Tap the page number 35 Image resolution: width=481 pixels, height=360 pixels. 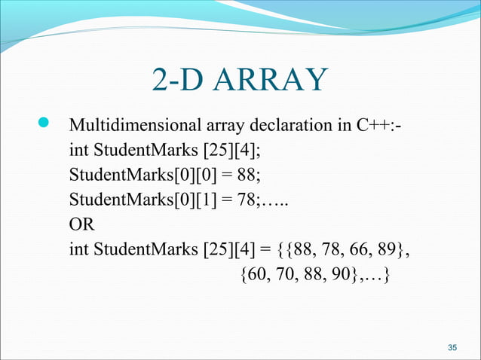pyautogui.click(x=452, y=347)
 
